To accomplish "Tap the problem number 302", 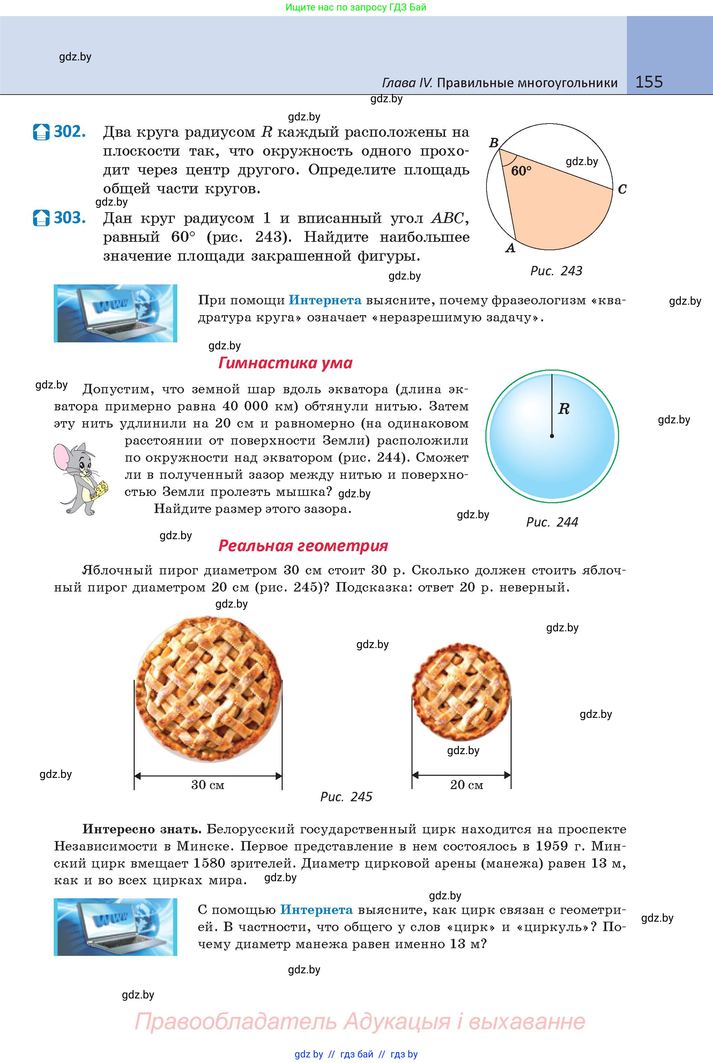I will [69, 132].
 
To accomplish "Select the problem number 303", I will [69, 218].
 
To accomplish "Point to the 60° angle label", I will [521, 171].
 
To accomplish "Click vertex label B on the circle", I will [494, 143].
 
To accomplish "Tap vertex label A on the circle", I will [511, 248].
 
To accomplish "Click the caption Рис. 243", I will [556, 271].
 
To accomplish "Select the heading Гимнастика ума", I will [285, 363].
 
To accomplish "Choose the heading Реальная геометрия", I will [303, 545].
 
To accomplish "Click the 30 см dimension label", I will [208, 785].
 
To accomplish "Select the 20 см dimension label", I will [467, 785].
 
